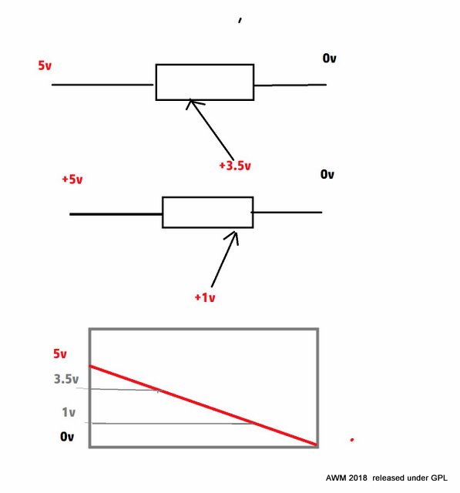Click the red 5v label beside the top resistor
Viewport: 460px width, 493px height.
click(45, 65)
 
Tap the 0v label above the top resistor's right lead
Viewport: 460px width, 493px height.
click(329, 59)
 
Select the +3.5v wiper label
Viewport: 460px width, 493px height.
click(235, 166)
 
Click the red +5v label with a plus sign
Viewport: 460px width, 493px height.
click(72, 179)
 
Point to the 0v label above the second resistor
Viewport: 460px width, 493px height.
click(327, 174)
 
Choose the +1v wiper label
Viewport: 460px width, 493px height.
click(205, 297)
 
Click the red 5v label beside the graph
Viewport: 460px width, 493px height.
click(60, 354)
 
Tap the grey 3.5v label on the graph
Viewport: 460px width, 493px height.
click(66, 379)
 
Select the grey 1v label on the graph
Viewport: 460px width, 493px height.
click(69, 412)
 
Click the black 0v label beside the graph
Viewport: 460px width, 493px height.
click(67, 437)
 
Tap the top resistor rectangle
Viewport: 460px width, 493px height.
click(205, 65)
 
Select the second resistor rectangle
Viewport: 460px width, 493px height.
click(208, 197)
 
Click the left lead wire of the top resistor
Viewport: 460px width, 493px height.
click(102, 85)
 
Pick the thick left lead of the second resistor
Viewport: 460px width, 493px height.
click(116, 214)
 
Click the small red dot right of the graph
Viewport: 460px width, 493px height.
click(352, 440)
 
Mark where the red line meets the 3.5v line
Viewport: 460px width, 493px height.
click(159, 391)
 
